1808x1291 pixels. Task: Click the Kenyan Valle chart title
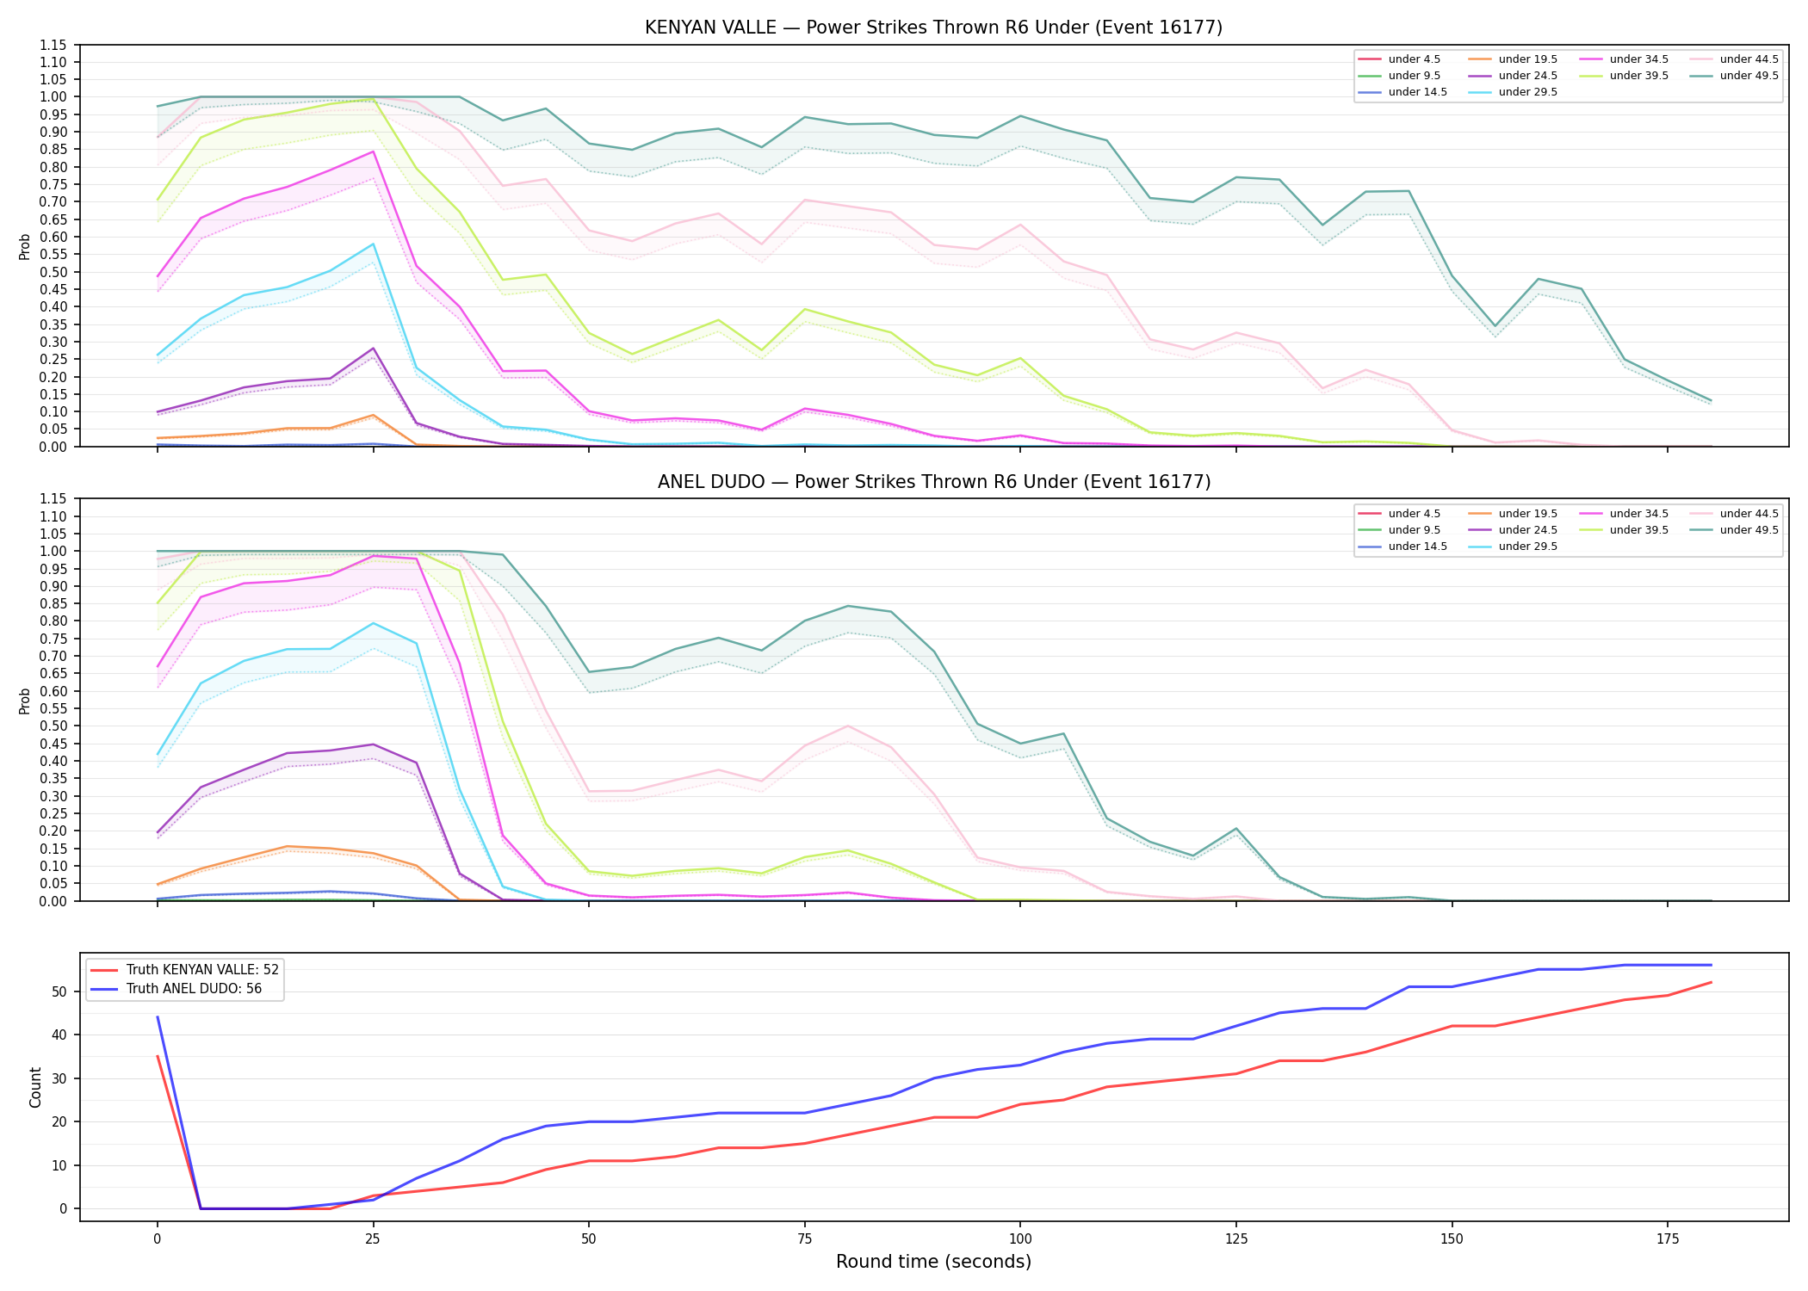point(933,28)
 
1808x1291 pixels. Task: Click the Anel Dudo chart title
point(933,482)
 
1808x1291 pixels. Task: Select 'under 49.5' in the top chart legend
point(1749,76)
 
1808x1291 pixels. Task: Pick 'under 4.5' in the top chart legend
point(1415,59)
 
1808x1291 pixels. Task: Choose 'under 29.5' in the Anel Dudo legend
point(1528,547)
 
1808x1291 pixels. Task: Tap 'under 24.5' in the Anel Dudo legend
point(1528,530)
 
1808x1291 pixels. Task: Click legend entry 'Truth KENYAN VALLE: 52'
point(202,970)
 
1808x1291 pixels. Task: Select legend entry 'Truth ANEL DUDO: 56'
point(194,989)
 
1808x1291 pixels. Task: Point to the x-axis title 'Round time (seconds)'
point(933,1262)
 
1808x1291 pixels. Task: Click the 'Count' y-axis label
point(35,1087)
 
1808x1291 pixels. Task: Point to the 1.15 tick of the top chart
point(53,45)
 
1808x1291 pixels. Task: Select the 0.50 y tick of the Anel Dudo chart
point(53,726)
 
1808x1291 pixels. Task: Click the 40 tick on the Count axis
point(60,1035)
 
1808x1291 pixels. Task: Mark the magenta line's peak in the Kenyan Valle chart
point(373,151)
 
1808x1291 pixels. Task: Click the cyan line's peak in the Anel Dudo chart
point(373,623)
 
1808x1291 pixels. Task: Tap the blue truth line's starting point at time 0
point(158,1017)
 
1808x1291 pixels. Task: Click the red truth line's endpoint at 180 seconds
point(1711,983)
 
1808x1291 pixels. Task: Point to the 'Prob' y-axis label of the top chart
point(25,247)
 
